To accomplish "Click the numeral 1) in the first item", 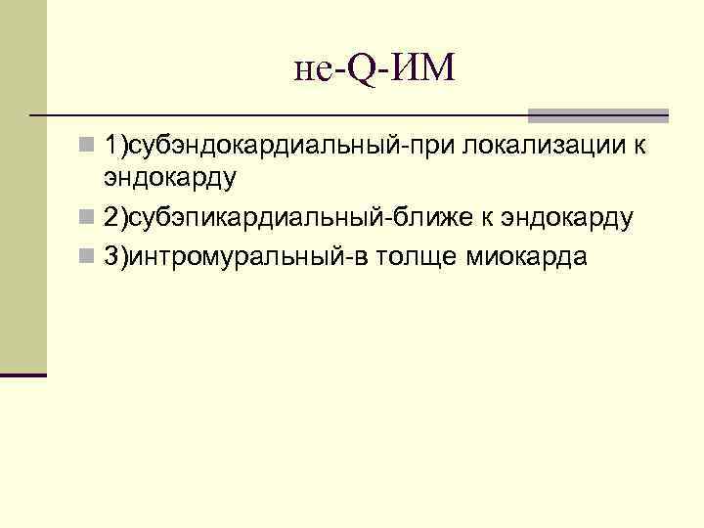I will pos(116,147).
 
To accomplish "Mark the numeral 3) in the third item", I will pos(116,257).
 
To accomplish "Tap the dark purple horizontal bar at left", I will pos(23,374).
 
